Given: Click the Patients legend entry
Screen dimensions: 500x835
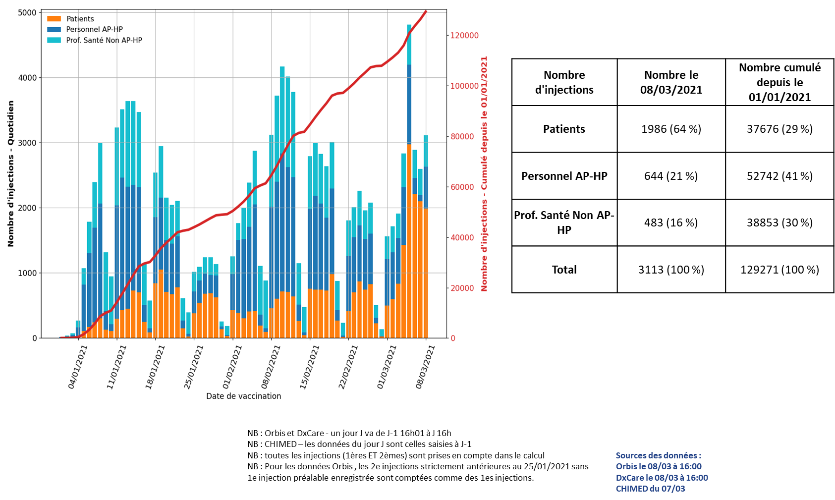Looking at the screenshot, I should coord(80,19).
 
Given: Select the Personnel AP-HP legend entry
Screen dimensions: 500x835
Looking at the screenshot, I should coord(94,29).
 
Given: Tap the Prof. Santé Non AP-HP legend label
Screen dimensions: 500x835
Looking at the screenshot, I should coord(104,40).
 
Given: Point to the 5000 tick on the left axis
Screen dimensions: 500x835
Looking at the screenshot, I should coord(27,12).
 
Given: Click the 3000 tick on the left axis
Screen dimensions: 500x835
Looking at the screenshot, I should coord(27,143).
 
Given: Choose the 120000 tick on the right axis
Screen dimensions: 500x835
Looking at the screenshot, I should coord(465,36).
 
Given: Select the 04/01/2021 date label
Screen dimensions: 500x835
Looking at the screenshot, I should coord(78,367).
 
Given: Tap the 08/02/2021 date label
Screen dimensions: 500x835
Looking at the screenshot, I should coord(272,367).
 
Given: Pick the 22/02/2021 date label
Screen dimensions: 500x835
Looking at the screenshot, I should coord(349,367).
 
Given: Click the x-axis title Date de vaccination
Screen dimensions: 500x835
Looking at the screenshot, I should coord(243,396).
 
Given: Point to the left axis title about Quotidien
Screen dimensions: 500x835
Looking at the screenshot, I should coord(11,173).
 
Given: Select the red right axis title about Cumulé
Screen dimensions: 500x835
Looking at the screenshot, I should coord(484,173).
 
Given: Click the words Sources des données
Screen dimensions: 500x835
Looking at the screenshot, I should coord(658,455).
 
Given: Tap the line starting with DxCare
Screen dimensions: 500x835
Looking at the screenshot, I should coord(662,478).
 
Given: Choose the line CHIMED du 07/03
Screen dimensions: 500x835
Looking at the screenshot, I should coord(650,489).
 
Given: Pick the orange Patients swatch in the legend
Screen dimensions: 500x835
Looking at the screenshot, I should coord(54,19).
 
